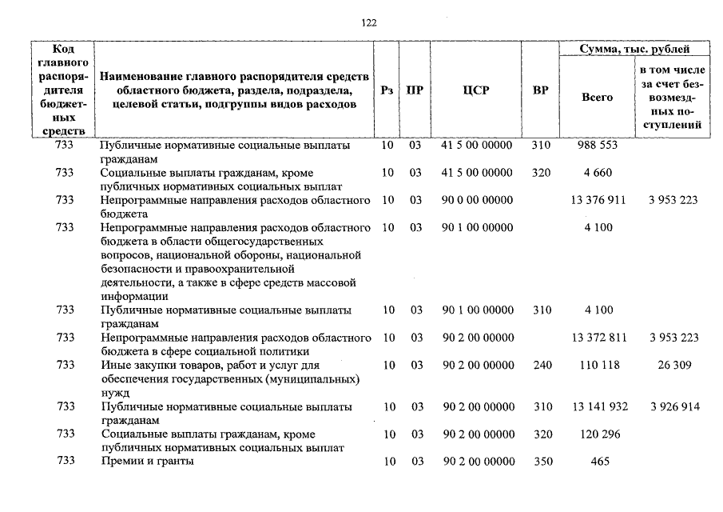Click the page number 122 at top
click(368, 22)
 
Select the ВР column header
click(541, 90)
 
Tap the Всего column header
click(597, 97)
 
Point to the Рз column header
click(387, 90)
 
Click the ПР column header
click(415, 90)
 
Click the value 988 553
click(597, 146)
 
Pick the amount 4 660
click(597, 173)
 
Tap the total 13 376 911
click(598, 200)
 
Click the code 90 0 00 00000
click(477, 200)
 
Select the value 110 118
click(597, 365)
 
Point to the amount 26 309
click(675, 365)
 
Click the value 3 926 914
click(675, 407)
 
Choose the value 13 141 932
click(598, 407)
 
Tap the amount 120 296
click(597, 434)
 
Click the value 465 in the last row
click(597, 462)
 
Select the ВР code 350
click(541, 462)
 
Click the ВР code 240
click(541, 365)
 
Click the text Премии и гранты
click(147, 462)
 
